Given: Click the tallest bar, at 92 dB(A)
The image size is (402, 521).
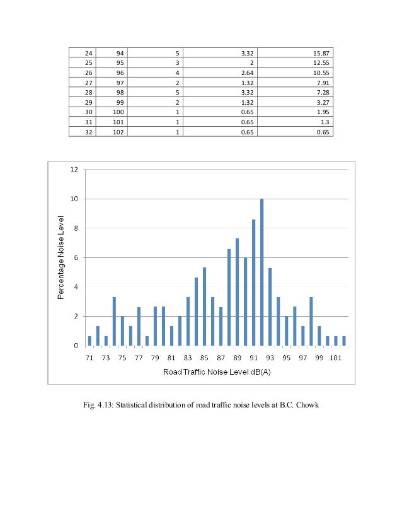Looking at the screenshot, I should pos(261,272).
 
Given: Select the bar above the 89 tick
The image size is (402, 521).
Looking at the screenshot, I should pos(237,292).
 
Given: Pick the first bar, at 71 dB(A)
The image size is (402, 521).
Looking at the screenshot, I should pos(89,341).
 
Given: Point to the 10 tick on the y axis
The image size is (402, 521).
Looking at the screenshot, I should pos(74,199).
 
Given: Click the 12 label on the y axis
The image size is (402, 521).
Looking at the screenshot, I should pos(74,170).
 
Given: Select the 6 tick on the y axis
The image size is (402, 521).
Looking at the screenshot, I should pos(74,257).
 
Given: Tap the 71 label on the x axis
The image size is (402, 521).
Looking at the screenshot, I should pos(89,356).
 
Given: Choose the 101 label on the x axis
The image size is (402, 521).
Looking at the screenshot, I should pos(335,356).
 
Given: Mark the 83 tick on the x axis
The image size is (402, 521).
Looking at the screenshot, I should pos(188,356).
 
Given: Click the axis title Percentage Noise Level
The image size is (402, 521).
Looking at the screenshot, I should pos(61,258).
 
